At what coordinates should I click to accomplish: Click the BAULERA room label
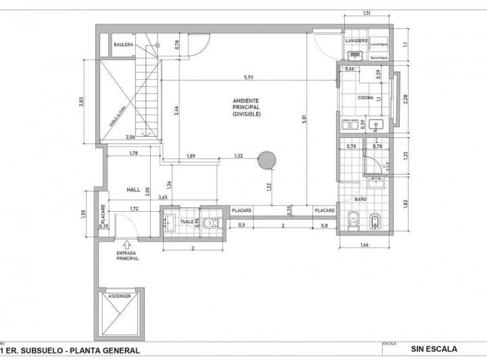pos(123,45)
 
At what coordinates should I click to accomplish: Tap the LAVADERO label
pos(356,41)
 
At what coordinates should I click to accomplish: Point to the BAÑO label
pos(361,201)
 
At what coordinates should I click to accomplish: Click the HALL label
pos(133,190)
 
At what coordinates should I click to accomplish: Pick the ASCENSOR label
pos(119,296)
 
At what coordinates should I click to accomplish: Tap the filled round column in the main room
pos(267,160)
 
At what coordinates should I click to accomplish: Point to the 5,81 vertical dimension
pos(305,119)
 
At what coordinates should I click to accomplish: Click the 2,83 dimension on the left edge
pos(81,102)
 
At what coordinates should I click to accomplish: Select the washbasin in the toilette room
pos(169,221)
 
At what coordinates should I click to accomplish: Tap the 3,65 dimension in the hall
pos(162,197)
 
